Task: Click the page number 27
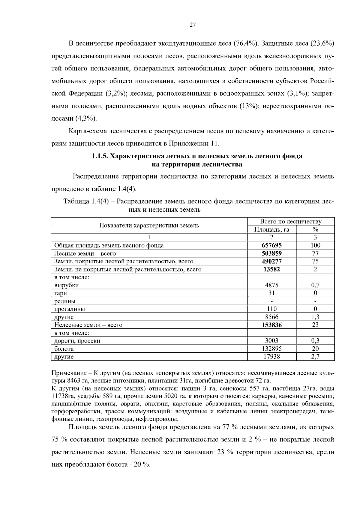click(193, 25)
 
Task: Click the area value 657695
click(271, 245)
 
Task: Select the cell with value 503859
click(271, 253)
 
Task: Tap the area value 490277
click(271, 261)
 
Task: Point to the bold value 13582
click(271, 269)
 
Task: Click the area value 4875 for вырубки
click(271, 285)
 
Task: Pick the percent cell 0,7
click(315, 285)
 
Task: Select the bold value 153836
click(271, 325)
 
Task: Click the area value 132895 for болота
click(271, 349)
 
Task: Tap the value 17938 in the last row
click(271, 357)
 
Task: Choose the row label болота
click(64, 349)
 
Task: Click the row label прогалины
click(70, 309)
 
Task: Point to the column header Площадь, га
click(271, 229)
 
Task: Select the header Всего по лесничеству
click(290, 222)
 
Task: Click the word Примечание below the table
click(68, 373)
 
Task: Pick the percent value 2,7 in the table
click(315, 357)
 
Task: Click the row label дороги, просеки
click(77, 341)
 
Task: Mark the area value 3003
click(271, 341)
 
